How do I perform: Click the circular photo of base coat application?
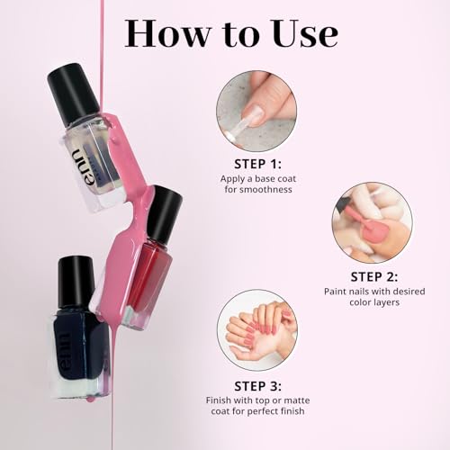click(256, 111)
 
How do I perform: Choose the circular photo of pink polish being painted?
click(372, 222)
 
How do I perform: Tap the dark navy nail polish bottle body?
click(82, 346)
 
